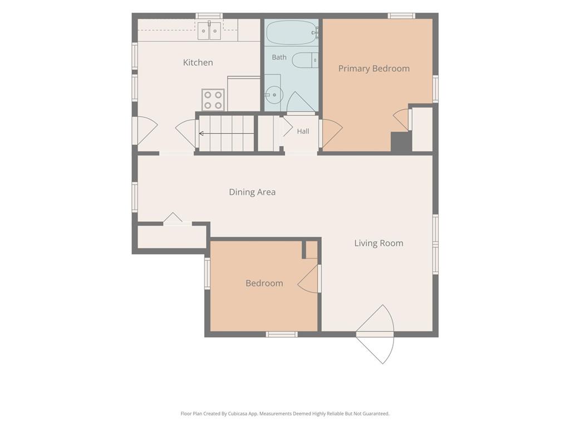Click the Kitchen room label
pos(198,62)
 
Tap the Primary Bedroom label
pos(374,69)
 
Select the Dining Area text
pos(252,192)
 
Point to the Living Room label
pos(379,243)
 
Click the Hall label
pos(303,132)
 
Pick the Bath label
pos(279,57)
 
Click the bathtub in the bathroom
pos(292,32)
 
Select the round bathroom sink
pos(274,95)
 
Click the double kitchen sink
pos(209,31)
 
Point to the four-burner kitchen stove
pos(213,100)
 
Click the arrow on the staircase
pos(226,134)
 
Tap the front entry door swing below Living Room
pos(375,334)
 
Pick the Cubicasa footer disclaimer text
pos(285,414)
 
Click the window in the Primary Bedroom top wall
pos(401,16)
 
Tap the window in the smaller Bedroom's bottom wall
pos(282,334)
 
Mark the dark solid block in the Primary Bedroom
pos(401,142)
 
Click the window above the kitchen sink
pos(209,16)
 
